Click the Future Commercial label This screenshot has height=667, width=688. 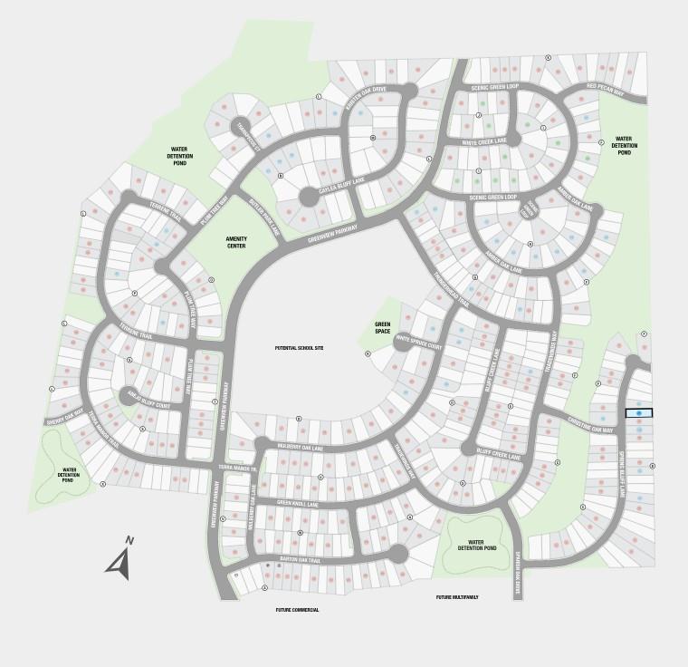pos(298,610)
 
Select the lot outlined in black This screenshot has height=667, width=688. pos(639,412)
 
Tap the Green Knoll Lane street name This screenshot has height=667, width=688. pos(299,503)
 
